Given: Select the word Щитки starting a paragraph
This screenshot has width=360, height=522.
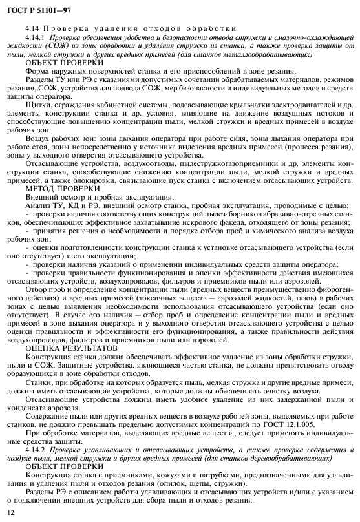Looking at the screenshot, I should (x=37, y=105).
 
